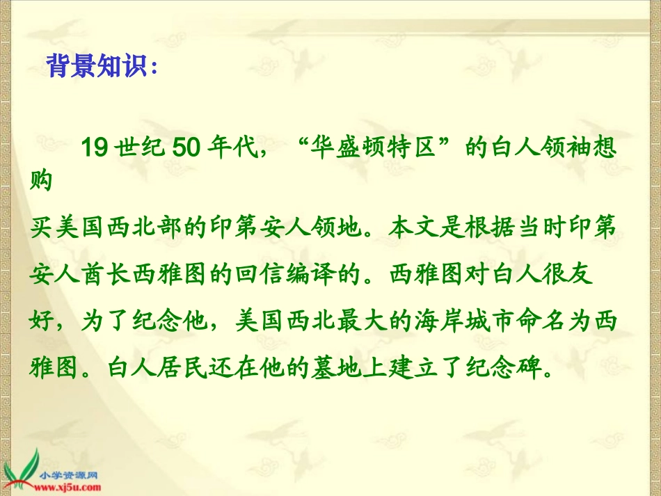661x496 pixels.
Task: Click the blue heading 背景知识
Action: [x=97, y=65]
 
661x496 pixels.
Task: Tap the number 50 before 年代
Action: [x=186, y=147]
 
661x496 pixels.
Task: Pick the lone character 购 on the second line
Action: [x=41, y=180]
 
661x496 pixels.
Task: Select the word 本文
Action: [x=415, y=227]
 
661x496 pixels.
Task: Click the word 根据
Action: [x=489, y=227]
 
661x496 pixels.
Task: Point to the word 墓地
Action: [x=336, y=367]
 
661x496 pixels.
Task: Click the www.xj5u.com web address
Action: [x=67, y=488]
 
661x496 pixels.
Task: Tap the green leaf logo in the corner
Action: [x=20, y=472]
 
